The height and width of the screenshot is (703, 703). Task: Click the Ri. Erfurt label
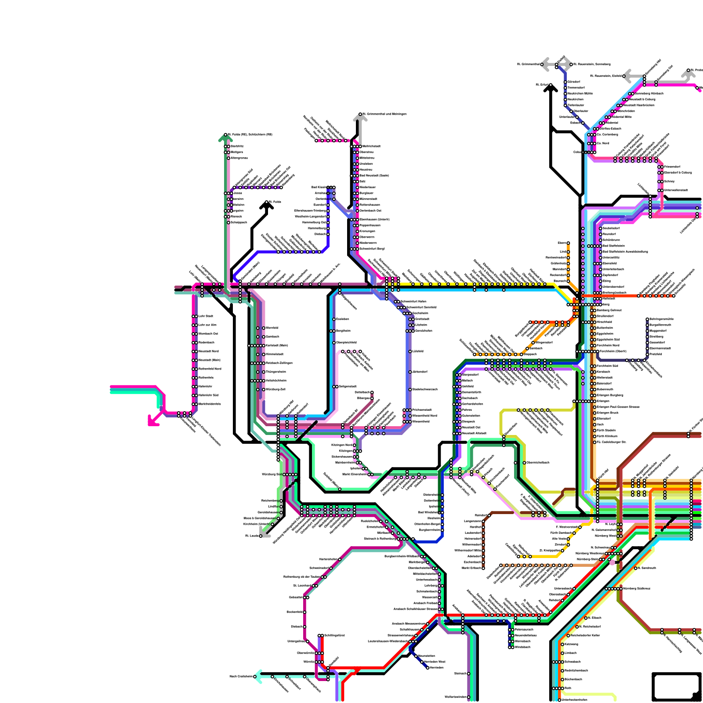(542, 85)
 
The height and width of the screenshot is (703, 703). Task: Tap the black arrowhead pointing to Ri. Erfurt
(551, 88)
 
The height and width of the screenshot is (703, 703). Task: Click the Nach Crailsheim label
(241, 677)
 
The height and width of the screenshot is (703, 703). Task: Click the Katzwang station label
(571, 644)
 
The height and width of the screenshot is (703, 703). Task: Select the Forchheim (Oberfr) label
(613, 351)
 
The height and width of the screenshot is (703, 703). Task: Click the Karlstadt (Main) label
(277, 345)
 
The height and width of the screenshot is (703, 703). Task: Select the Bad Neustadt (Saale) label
(374, 175)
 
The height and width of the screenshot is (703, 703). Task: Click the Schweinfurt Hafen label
(413, 301)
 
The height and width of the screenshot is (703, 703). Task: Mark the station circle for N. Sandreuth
(635, 568)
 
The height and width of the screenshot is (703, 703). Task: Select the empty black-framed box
(676, 687)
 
